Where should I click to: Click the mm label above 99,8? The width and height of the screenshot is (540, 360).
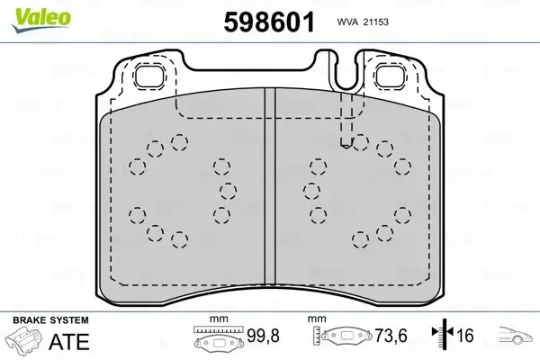pyautogui.click(x=216, y=319)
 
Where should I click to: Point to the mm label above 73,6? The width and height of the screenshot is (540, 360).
pyautogui.click(x=316, y=319)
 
